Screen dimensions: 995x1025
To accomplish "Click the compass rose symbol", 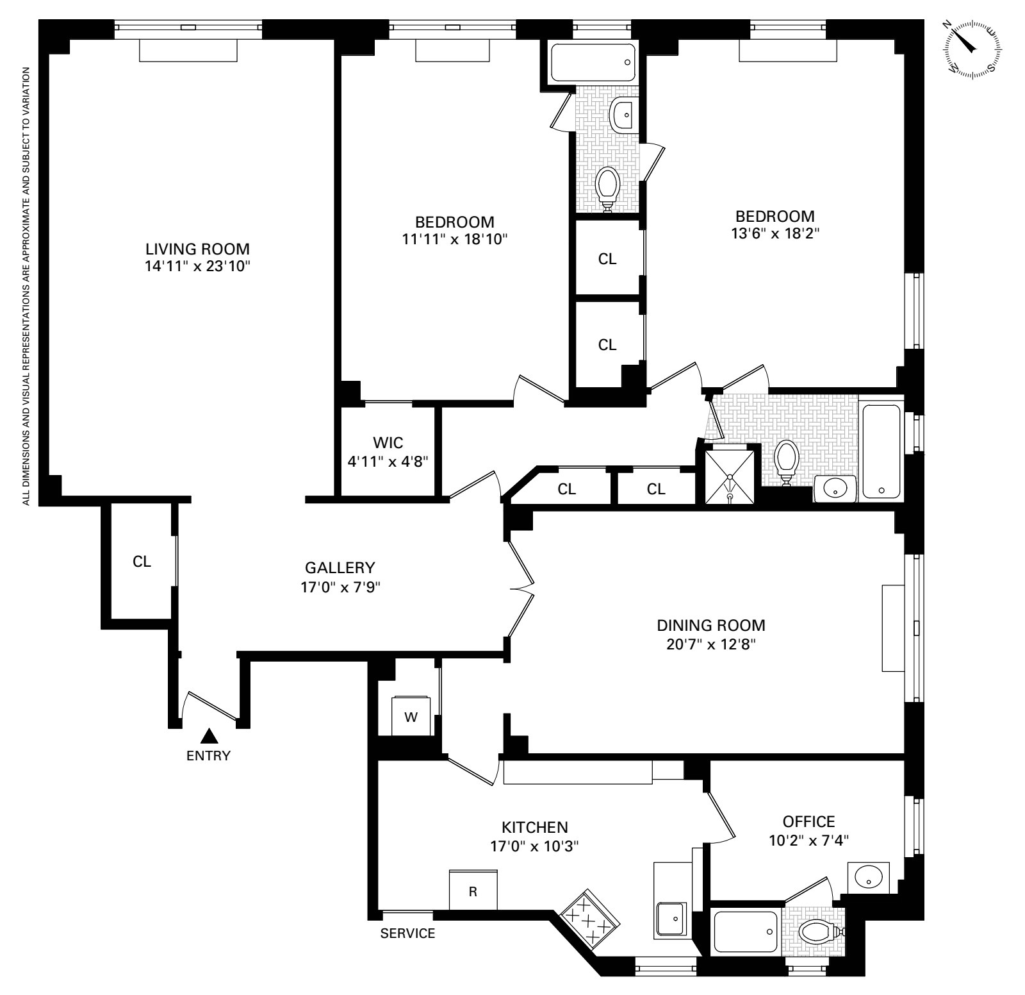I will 973,49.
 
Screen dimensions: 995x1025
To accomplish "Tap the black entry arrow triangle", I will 208,736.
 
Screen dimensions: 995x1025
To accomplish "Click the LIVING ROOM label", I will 197,249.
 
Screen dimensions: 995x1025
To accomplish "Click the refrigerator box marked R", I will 473,891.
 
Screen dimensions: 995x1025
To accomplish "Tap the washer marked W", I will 410,717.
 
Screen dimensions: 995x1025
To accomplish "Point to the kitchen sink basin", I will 671,918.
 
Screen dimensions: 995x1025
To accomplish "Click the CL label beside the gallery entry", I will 142,562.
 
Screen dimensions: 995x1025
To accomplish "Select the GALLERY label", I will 340,567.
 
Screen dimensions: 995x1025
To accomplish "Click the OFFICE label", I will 808,821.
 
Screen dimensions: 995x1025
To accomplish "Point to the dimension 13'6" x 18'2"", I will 775,234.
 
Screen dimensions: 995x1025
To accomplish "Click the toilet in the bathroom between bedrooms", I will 607,186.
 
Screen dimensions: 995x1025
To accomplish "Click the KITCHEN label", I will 534,827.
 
